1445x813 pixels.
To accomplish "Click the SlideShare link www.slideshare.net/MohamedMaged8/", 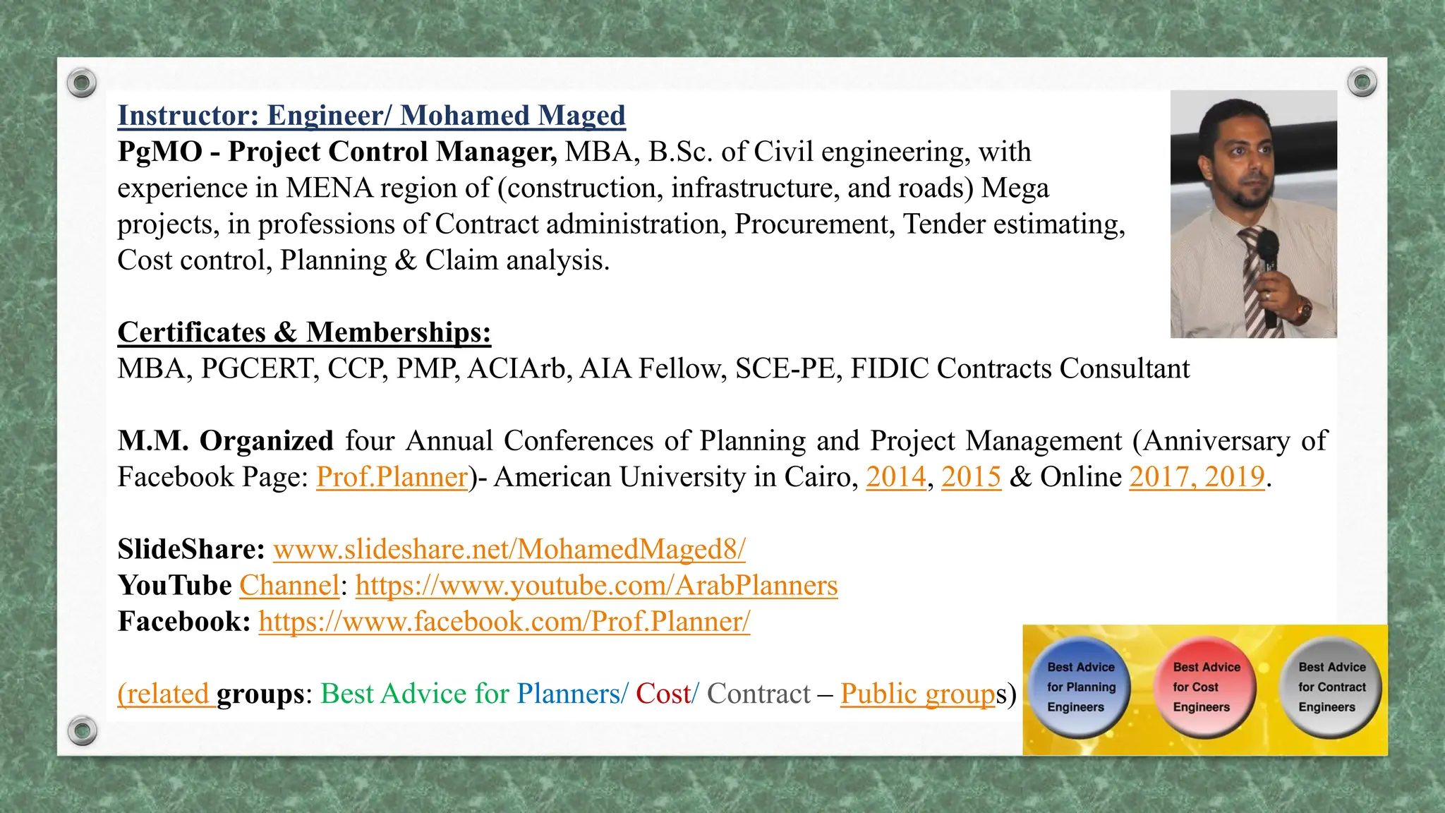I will [x=509, y=549].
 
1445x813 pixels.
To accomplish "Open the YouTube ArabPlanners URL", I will [x=596, y=585].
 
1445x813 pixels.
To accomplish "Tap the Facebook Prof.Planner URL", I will [x=504, y=621].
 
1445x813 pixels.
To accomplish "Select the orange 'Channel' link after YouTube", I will [x=289, y=585].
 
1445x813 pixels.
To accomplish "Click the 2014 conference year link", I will [x=895, y=477].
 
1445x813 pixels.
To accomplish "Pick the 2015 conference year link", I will [x=971, y=477].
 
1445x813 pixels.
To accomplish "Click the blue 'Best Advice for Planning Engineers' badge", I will [x=1080, y=687].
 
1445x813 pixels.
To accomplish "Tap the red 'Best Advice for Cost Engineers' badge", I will [x=1206, y=687].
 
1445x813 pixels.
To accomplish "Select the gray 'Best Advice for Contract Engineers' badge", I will [x=1331, y=687].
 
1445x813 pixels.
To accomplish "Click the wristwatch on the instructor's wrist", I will [x=1302, y=308].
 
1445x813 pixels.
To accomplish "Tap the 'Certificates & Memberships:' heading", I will [x=304, y=332].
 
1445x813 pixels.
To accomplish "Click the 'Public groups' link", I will [x=917, y=694].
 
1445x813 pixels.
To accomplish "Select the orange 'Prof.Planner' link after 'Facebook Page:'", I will [x=392, y=477].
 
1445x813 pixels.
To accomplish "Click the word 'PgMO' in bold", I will [x=159, y=152].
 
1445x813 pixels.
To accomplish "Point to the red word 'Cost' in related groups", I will [x=663, y=694].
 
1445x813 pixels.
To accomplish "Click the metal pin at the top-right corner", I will [x=1362, y=83].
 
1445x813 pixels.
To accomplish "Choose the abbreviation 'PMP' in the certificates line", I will [x=427, y=368].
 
